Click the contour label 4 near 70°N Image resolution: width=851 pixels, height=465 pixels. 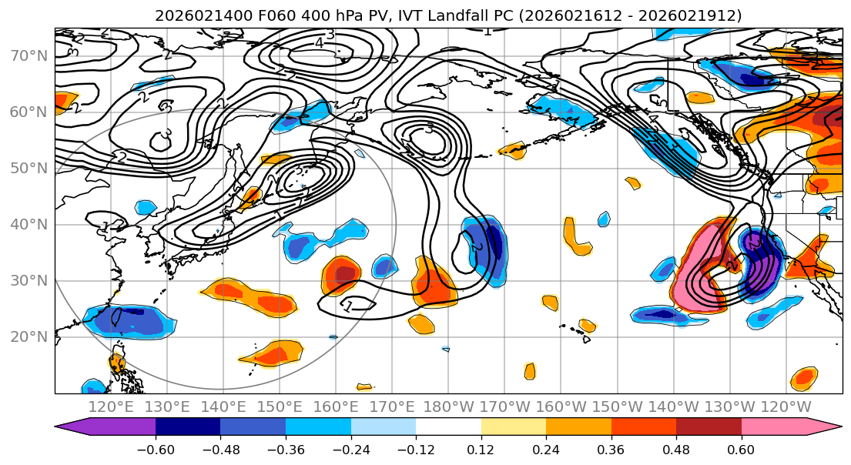click(319, 43)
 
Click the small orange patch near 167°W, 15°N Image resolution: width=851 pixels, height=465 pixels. click(529, 371)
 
